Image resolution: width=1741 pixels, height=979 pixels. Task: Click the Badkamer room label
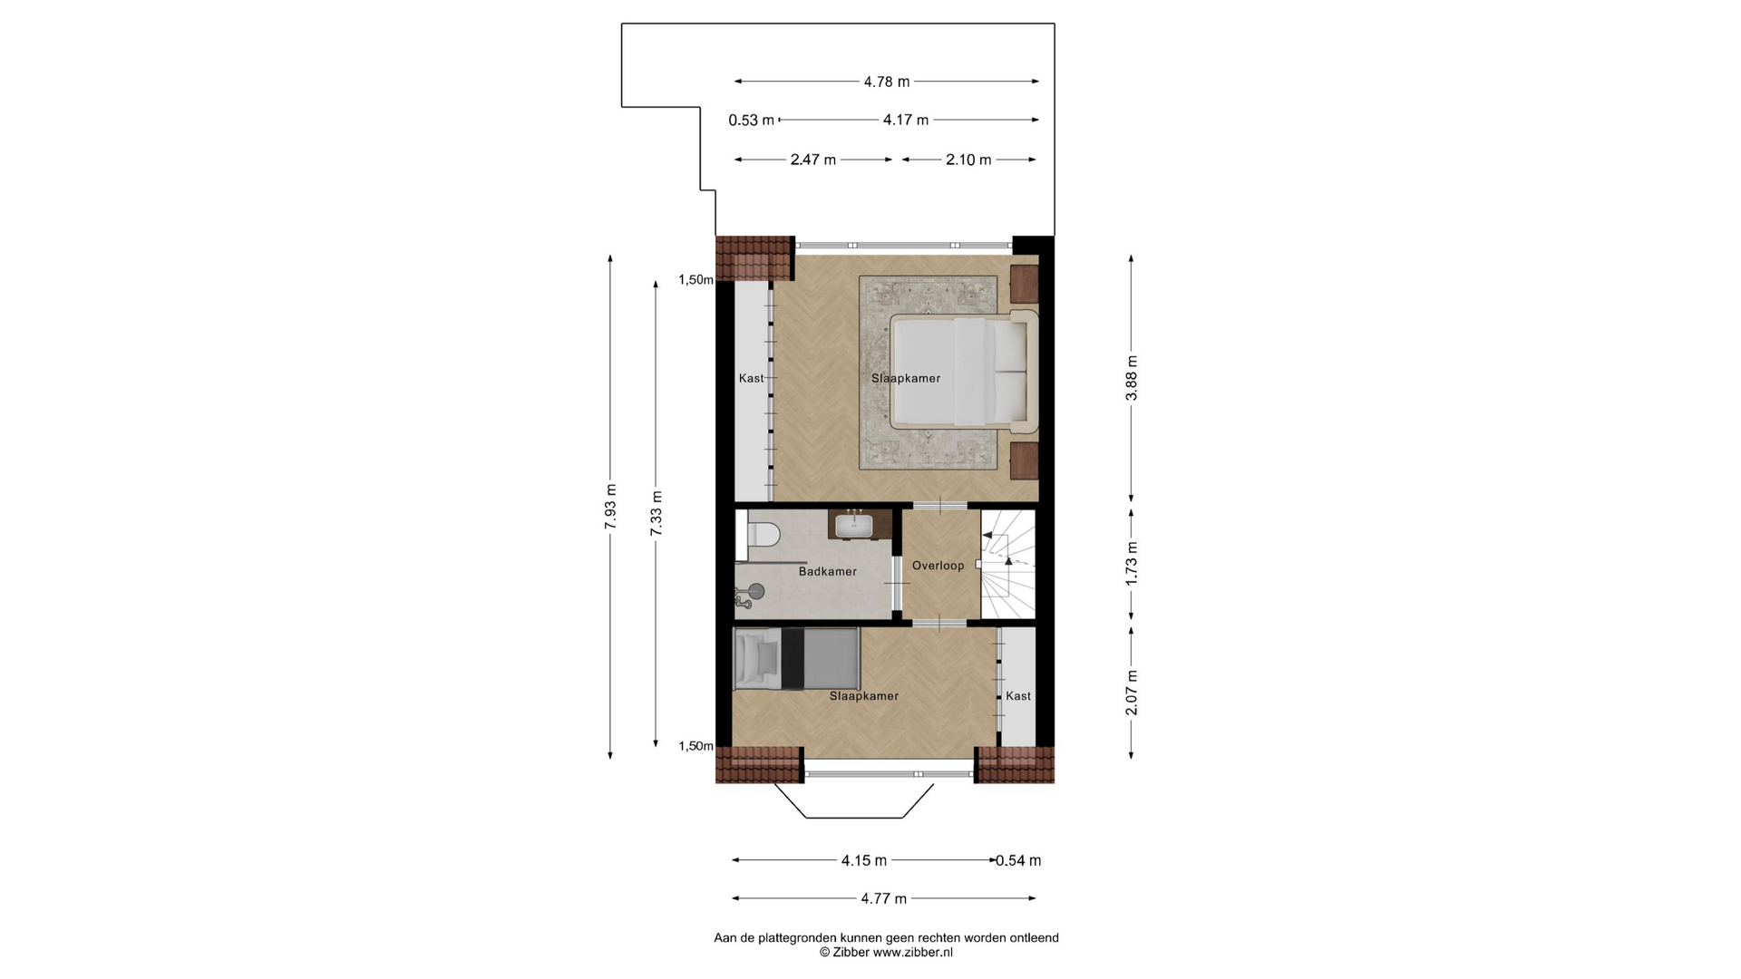[827, 572]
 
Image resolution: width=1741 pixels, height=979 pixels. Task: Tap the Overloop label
[938, 566]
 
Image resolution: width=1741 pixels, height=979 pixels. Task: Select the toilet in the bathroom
[762, 535]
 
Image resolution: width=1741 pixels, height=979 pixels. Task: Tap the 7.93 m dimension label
[610, 507]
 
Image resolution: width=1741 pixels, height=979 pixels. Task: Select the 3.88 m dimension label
[1131, 378]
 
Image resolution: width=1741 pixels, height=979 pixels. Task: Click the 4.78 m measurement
[886, 82]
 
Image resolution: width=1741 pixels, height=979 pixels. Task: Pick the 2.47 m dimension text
[812, 160]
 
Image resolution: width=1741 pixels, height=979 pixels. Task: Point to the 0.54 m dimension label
[1018, 860]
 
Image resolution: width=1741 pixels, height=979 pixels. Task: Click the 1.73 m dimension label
[1131, 564]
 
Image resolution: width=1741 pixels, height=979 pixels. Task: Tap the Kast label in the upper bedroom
[751, 378]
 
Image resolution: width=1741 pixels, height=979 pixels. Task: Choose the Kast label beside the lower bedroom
[1017, 696]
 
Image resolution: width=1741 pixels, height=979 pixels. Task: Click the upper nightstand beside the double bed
[1024, 283]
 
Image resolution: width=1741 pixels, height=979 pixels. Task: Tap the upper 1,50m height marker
[695, 280]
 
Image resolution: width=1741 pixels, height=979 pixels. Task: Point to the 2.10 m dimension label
[968, 160]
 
